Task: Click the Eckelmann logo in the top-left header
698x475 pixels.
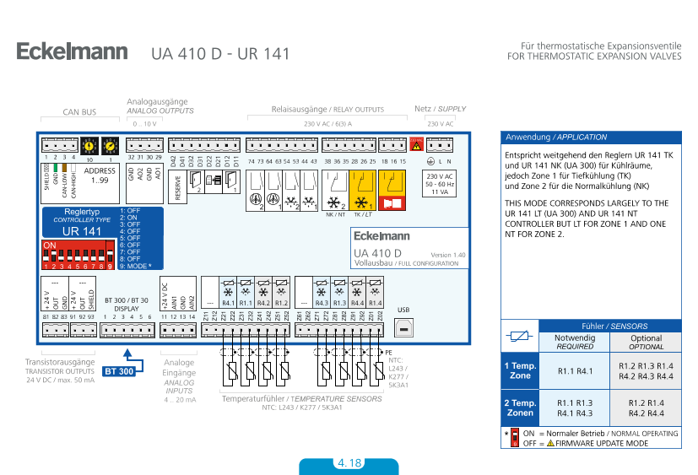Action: click(x=72, y=52)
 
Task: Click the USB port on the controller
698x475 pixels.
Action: click(x=403, y=327)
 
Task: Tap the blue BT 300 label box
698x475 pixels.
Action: click(x=119, y=370)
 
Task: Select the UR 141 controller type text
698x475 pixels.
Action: click(x=81, y=230)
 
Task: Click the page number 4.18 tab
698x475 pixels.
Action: click(x=349, y=464)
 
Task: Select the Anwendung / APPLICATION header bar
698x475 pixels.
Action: click(x=590, y=137)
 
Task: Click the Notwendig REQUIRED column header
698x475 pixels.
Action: click(x=575, y=341)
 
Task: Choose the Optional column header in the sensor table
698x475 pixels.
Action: click(x=646, y=341)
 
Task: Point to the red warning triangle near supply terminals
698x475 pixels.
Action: click(x=415, y=145)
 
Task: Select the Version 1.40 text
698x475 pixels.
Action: click(x=447, y=255)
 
